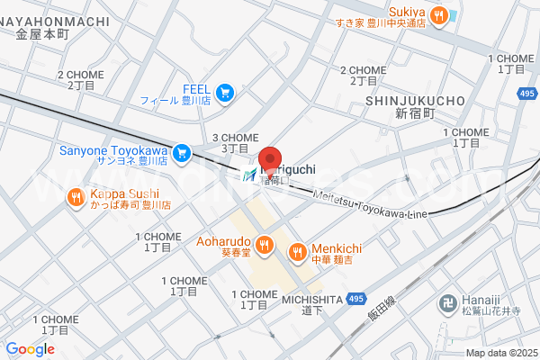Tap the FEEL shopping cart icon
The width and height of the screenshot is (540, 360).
tap(224, 90)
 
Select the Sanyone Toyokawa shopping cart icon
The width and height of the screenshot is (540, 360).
tap(182, 152)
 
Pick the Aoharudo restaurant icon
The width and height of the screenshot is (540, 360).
tap(264, 243)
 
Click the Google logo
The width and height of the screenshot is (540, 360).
tap(30, 349)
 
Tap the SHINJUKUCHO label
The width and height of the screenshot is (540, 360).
tap(414, 100)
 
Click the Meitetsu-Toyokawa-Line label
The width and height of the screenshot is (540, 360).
tap(369, 203)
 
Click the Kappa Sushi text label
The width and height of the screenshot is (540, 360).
tap(124, 194)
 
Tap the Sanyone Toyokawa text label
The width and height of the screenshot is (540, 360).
tap(114, 150)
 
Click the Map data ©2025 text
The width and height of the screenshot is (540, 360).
tap(499, 352)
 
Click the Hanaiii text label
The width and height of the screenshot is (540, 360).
tap(482, 303)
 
